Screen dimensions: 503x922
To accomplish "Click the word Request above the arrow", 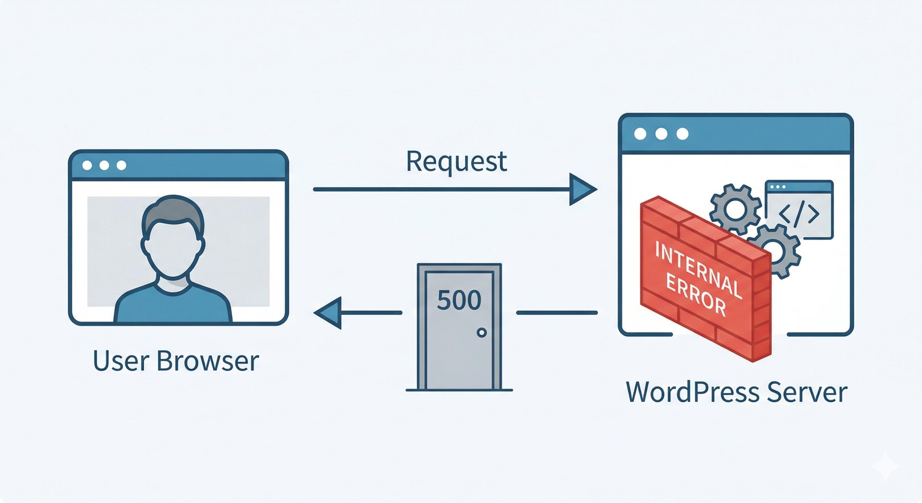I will coord(456,162).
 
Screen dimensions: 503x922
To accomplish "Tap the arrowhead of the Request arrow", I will coord(581,189).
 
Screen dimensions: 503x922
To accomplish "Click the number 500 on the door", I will coord(459,300).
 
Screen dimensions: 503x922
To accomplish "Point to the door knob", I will coord(482,333).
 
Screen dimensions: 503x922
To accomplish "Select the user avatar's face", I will coord(173,249).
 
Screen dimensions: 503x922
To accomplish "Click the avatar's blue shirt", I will coord(173,306).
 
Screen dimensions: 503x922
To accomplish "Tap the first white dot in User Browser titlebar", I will coord(87,165).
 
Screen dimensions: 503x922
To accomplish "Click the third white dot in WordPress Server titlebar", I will coord(682,134).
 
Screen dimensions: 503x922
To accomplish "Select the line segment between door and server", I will coord(556,313).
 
